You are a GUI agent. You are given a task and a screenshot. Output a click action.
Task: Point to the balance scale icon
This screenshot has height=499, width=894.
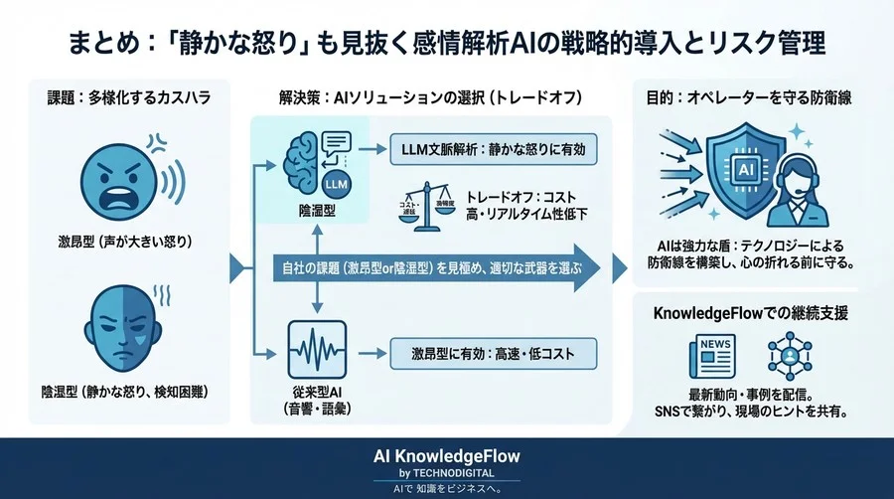click(431, 207)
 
